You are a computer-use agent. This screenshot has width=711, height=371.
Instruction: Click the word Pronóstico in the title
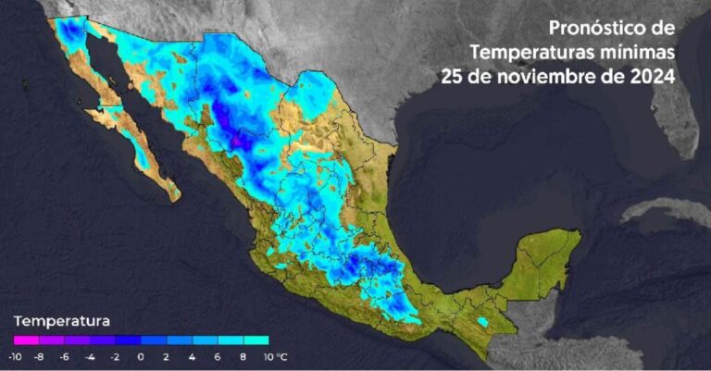(x=598, y=27)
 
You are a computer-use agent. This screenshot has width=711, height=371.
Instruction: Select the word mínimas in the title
(x=638, y=51)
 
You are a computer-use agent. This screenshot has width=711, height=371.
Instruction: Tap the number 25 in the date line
(x=453, y=76)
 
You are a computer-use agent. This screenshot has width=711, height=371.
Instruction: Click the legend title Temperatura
(x=61, y=321)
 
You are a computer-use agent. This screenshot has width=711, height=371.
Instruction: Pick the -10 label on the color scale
(x=15, y=355)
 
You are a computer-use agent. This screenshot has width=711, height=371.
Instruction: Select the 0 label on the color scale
(x=141, y=355)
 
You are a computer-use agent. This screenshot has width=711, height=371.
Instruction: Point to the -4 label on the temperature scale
(x=90, y=355)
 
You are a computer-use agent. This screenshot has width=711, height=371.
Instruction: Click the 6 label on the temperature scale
(x=217, y=355)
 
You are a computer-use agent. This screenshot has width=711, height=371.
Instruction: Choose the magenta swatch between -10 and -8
(x=25, y=340)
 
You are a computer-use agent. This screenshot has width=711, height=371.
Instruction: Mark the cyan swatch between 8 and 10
(x=256, y=340)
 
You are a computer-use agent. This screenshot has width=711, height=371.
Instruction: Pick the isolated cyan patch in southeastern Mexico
(x=482, y=321)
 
